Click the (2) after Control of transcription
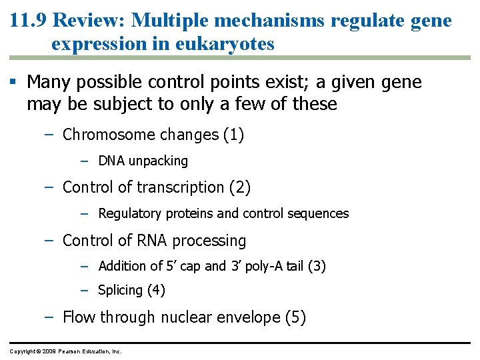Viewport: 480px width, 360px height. (239, 187)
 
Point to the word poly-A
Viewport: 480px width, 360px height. (267, 267)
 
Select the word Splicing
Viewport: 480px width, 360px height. (120, 291)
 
